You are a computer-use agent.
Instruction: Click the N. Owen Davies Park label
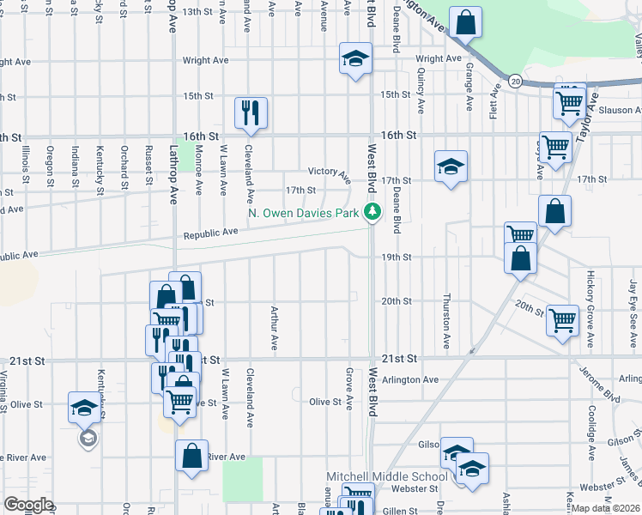(302, 213)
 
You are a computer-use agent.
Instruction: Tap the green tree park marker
(372, 212)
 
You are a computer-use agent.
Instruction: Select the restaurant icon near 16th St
(251, 112)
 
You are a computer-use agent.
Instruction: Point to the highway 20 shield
(514, 81)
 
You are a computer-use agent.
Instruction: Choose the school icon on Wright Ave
(355, 58)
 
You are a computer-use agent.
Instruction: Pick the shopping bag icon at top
(464, 23)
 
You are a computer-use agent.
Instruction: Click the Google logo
(28, 505)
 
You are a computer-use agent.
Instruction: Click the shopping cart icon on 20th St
(563, 321)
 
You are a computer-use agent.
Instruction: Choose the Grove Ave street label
(349, 389)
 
